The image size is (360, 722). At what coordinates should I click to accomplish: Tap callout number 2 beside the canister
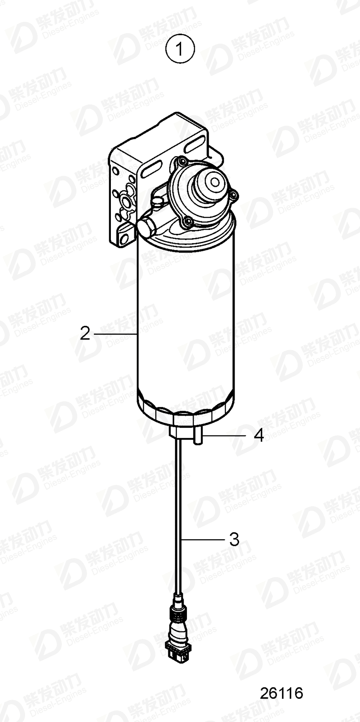(x=85, y=334)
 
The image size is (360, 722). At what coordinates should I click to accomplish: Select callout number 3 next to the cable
(x=234, y=539)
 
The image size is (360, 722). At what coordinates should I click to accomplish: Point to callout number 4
(x=258, y=435)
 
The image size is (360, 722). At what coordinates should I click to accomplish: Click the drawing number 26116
(x=282, y=693)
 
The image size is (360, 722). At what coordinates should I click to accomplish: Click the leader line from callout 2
(x=115, y=334)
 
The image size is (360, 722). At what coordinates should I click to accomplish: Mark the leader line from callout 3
(x=202, y=539)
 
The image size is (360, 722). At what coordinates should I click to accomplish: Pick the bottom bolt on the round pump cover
(x=186, y=222)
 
